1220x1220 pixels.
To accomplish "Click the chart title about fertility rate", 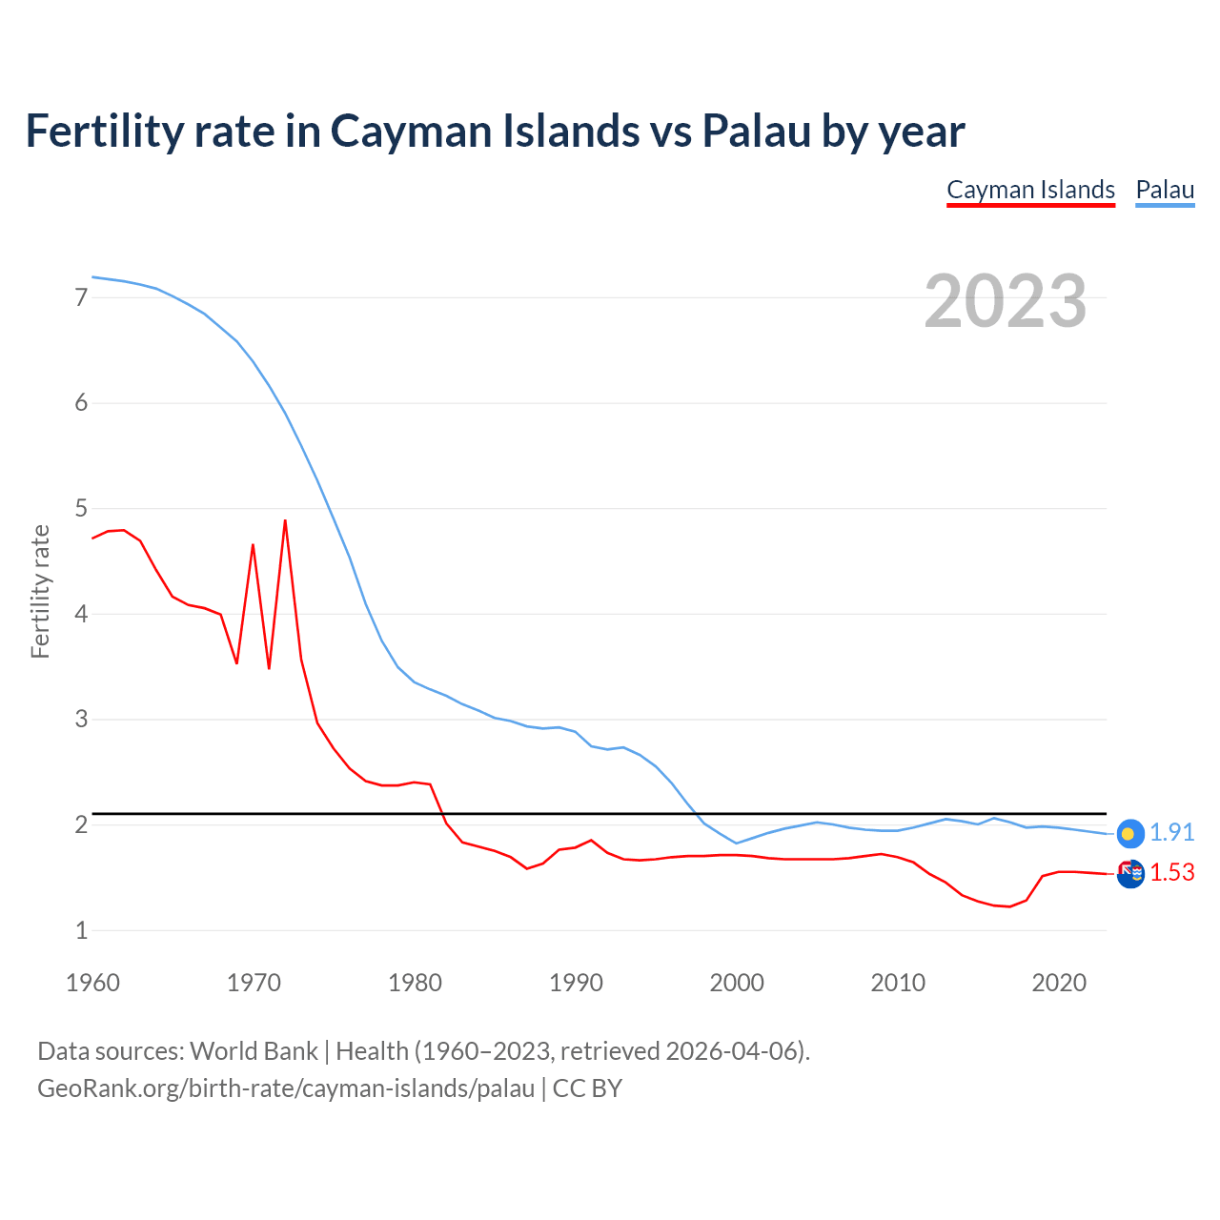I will (x=495, y=131).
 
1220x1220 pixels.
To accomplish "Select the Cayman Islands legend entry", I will (x=1030, y=190).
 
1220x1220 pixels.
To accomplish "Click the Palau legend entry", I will (x=1165, y=190).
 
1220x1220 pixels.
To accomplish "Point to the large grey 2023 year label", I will (x=1005, y=301).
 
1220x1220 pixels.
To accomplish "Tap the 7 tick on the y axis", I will (x=81, y=297).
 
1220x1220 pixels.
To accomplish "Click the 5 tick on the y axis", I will (x=81, y=508).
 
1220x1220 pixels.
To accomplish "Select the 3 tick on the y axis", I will (x=81, y=720).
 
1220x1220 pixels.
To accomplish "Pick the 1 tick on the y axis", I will (x=81, y=930).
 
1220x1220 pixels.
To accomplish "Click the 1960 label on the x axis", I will (x=92, y=983).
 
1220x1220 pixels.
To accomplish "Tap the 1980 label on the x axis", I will (x=415, y=983).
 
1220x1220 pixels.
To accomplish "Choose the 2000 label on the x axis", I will (x=737, y=983).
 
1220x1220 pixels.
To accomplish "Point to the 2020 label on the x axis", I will (x=1059, y=983).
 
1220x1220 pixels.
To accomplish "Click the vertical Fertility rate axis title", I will (x=40, y=591).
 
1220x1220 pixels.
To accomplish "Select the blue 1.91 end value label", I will (x=1171, y=832).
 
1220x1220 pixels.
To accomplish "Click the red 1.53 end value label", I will (x=1171, y=872).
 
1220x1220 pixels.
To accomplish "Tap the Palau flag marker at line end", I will (x=1129, y=834).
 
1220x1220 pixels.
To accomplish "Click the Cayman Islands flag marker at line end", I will (x=1130, y=874).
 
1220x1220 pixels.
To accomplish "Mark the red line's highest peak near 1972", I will (x=285, y=520).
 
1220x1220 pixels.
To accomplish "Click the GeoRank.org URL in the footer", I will (x=286, y=1088).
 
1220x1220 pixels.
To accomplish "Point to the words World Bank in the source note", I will (x=254, y=1051).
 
